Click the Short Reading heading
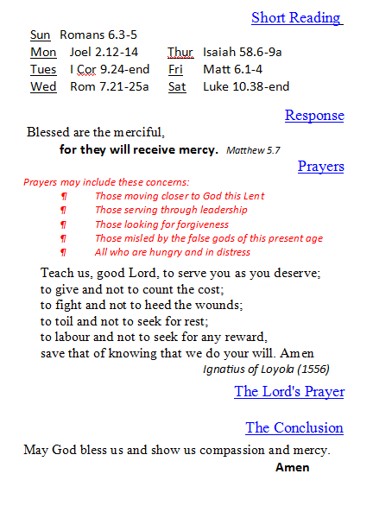296,17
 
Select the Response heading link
314,116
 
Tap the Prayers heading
320,166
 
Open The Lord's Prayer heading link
289,392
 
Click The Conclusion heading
294,427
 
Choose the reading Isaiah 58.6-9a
243,52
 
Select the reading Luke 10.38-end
246,86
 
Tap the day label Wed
43,86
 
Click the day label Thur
180,52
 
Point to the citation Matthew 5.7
253,150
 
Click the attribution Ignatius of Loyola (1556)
266,369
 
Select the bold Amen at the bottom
293,468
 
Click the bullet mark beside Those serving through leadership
63,210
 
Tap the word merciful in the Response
137,133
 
